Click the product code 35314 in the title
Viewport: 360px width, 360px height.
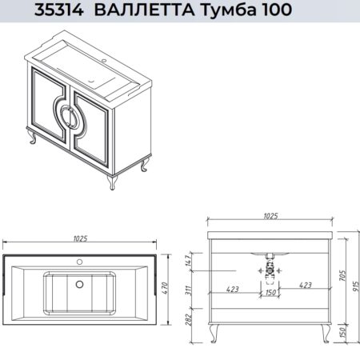(59, 10)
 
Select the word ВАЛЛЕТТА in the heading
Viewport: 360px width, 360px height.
(144, 10)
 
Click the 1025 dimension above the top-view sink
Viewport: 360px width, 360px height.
(80, 238)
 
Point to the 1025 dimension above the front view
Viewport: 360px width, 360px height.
(270, 216)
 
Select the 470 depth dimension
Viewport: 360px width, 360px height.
(165, 288)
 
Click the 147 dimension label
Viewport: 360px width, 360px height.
(188, 261)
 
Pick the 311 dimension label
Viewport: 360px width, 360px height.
(188, 290)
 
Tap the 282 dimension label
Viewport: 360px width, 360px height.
(188, 320)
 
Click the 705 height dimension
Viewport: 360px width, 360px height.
(343, 275)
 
